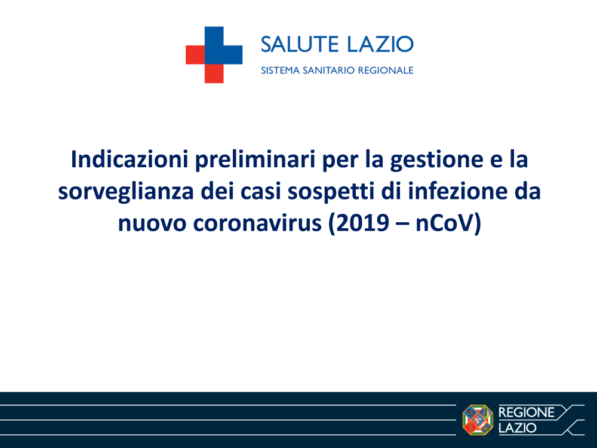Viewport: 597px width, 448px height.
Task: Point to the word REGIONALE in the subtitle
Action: [x=386, y=70]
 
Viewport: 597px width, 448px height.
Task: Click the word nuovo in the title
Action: [x=152, y=225]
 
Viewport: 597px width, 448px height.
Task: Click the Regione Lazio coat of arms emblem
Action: [x=478, y=419]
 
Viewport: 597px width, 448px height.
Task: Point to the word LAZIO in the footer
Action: [x=518, y=428]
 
